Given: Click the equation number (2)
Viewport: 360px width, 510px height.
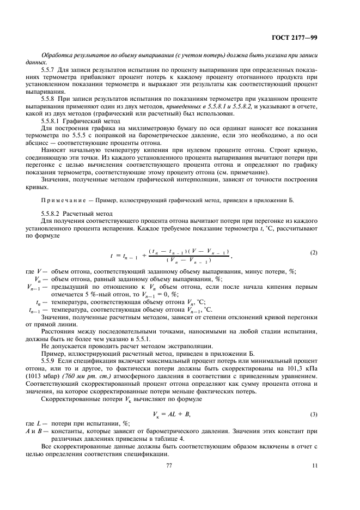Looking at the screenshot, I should pos(313,253).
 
